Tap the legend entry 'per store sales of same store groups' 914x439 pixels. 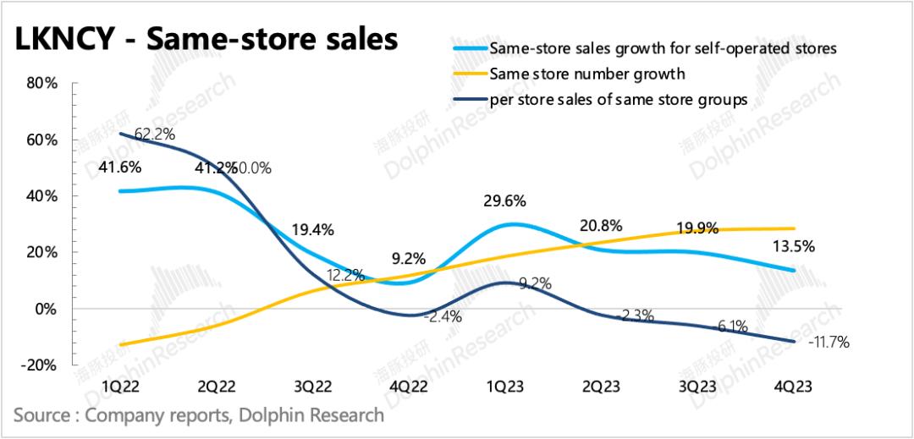point(619,100)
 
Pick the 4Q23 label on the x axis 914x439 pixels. point(794,386)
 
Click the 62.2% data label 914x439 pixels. point(155,133)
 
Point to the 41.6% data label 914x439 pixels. point(122,166)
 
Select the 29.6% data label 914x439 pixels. point(505,200)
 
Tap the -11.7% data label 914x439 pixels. point(829,343)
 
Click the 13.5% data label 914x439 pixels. point(794,246)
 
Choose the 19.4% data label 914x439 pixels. point(312,229)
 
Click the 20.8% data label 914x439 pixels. point(602,226)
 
